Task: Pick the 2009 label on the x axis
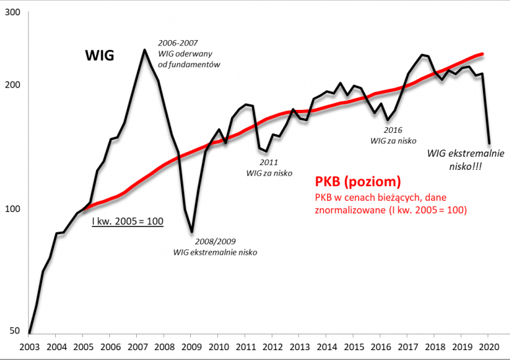point(191,347)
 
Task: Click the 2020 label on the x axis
point(488,347)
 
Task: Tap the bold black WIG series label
point(100,57)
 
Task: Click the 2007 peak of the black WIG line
point(144,49)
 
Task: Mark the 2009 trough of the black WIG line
point(191,232)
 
